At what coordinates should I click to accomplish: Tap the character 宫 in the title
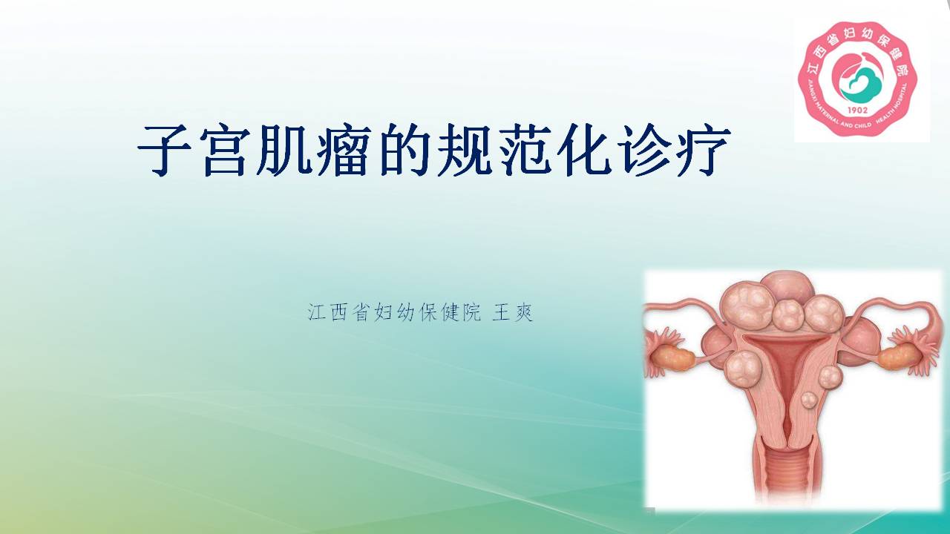pyautogui.click(x=224, y=150)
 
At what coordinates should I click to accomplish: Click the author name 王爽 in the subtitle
pyautogui.click(x=512, y=313)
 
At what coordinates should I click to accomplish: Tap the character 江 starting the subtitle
pyautogui.click(x=317, y=313)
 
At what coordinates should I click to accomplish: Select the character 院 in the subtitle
pyautogui.click(x=471, y=313)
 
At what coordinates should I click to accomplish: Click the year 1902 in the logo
pyautogui.click(x=857, y=111)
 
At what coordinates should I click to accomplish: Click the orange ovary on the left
pyautogui.click(x=675, y=358)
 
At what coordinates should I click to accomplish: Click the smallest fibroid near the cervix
pyautogui.click(x=809, y=399)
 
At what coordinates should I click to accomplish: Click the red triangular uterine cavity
pyautogui.click(x=787, y=356)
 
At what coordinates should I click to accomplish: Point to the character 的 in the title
pyautogui.click(x=403, y=150)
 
